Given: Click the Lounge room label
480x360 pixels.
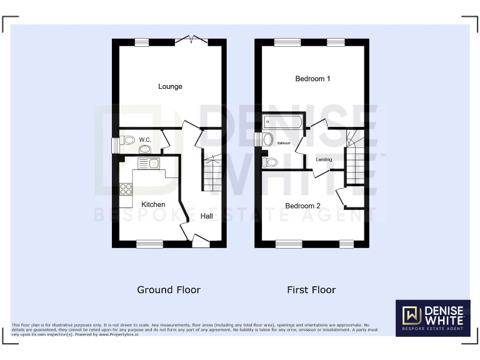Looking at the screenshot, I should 170,86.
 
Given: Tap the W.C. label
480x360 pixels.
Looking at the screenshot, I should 145,139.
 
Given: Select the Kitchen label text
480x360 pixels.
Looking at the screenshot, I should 153,204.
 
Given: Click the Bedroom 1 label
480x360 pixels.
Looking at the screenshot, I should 312,79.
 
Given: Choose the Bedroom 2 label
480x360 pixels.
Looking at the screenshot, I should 303,206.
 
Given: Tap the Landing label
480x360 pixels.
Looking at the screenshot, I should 324,159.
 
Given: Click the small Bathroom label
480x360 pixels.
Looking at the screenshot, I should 284,143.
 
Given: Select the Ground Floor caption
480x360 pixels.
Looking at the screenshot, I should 169,290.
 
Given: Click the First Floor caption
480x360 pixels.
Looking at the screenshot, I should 311,290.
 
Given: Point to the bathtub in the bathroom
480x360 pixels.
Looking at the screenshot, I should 283,122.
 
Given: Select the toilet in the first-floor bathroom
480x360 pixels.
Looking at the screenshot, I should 270,162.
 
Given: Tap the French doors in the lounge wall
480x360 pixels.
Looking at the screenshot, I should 192,41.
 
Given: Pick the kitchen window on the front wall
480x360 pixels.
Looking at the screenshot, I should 150,244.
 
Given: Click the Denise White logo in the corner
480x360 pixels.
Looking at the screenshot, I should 432,317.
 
